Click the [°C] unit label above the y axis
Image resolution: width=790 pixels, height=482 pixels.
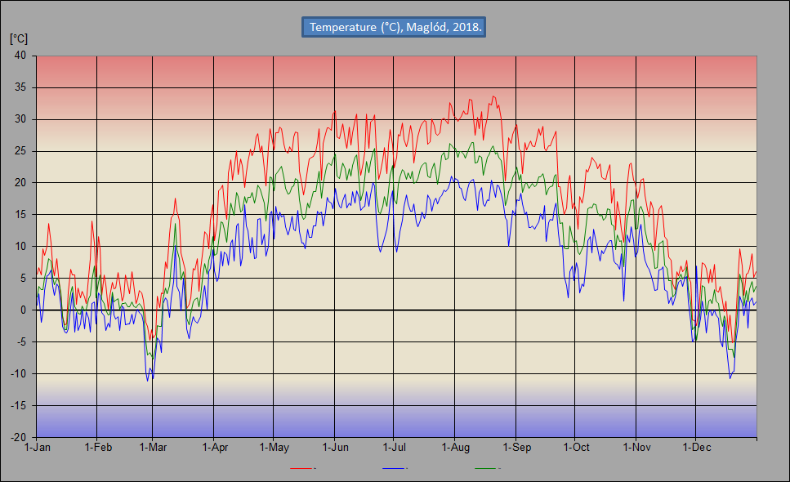(19, 38)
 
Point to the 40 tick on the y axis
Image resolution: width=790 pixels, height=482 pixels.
(20, 56)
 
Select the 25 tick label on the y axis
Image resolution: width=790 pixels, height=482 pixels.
(20, 151)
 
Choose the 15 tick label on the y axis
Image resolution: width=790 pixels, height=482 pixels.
(20, 215)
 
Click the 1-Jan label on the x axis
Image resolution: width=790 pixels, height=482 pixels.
(38, 448)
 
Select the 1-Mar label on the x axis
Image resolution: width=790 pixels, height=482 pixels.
(153, 448)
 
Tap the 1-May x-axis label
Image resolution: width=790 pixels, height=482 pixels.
(274, 448)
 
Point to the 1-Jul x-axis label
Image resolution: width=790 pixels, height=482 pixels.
(394, 448)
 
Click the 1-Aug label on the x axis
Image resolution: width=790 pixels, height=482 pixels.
(455, 448)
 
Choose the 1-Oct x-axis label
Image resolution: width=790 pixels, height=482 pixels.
(575, 448)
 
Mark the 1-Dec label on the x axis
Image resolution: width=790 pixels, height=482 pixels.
(695, 448)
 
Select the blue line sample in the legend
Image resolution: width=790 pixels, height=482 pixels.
(395, 469)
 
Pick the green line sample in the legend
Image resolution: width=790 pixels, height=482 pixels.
(487, 469)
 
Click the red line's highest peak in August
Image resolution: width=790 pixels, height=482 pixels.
(493, 96)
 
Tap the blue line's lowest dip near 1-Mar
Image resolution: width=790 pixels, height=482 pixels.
(148, 381)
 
